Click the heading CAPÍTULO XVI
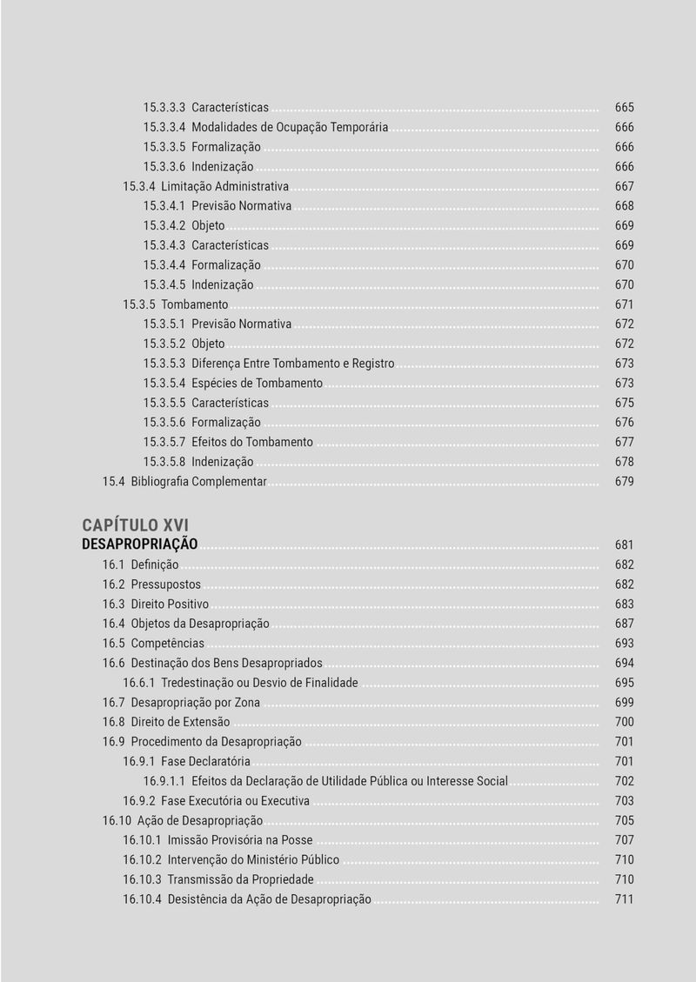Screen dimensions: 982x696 coord(135,524)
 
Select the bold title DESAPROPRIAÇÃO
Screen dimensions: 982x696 coord(140,544)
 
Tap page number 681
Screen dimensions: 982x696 coord(624,545)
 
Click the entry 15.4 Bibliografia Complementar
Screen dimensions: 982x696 coord(184,482)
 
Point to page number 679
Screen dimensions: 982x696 coord(624,482)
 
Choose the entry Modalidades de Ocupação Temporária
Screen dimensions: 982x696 coord(290,127)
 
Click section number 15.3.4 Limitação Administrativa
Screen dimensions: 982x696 coord(206,186)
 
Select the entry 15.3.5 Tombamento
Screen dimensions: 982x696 coord(176,304)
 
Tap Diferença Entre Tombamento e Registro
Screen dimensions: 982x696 coord(292,364)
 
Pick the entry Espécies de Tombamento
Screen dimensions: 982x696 coord(257,384)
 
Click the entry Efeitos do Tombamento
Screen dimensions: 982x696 coord(252,442)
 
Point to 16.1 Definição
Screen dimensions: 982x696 coord(141,565)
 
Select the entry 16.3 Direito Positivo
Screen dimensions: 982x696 coord(156,605)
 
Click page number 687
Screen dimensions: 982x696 coord(624,624)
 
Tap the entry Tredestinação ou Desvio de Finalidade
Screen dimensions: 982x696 coord(259,683)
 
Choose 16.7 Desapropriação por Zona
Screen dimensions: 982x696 coord(181,703)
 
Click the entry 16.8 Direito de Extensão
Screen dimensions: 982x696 coord(166,722)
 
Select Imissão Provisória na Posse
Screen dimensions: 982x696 coord(240,840)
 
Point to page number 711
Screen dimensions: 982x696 coord(624,899)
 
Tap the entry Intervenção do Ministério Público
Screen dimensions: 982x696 coord(253,860)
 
